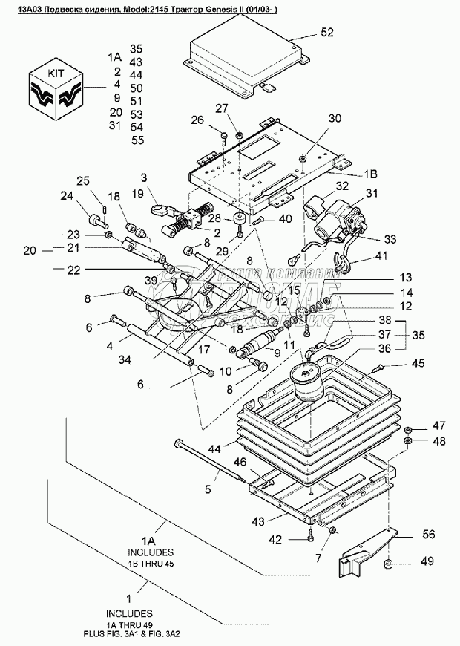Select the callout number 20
30,250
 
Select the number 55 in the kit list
137,140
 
